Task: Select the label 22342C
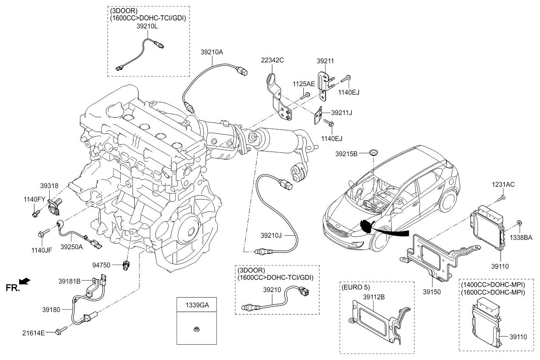pos(272,60)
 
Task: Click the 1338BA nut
pos(519,223)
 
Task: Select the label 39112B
pos(373,297)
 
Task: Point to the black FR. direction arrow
pos(25,281)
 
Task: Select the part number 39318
pos(49,186)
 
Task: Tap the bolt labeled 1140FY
pos(35,214)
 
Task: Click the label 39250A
pos(71,246)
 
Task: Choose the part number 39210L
pos(147,26)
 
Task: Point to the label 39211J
pos(342,112)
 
